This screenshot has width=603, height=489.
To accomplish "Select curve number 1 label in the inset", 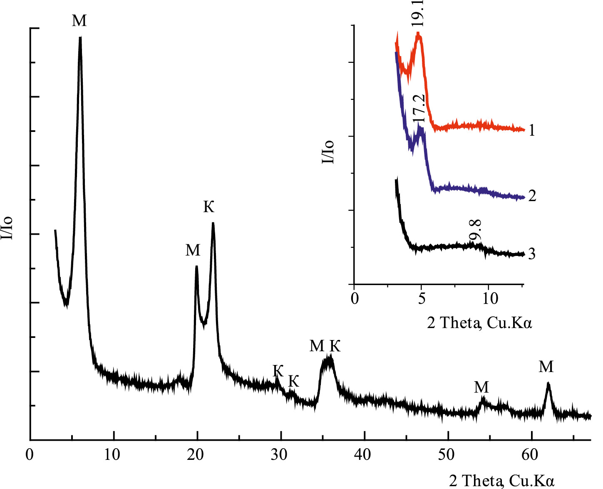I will (531, 131).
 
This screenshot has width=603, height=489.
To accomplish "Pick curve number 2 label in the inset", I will (532, 196).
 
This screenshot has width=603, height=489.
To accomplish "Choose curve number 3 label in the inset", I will (531, 254).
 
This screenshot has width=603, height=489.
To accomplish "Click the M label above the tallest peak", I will (79, 20).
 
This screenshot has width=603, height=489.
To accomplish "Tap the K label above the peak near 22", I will (209, 206).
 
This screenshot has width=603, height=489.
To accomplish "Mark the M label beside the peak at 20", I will (193, 250).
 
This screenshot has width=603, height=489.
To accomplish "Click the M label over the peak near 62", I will (546, 367).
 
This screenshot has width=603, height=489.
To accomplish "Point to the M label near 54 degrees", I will (481, 387).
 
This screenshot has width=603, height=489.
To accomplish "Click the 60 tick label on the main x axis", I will (530, 454).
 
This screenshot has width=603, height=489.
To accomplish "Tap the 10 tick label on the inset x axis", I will (490, 298).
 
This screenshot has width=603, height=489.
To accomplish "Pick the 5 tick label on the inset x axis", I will (422, 298).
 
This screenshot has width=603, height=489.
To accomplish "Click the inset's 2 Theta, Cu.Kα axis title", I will (479, 323).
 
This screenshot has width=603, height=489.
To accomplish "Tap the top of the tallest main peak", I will (80, 38).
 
